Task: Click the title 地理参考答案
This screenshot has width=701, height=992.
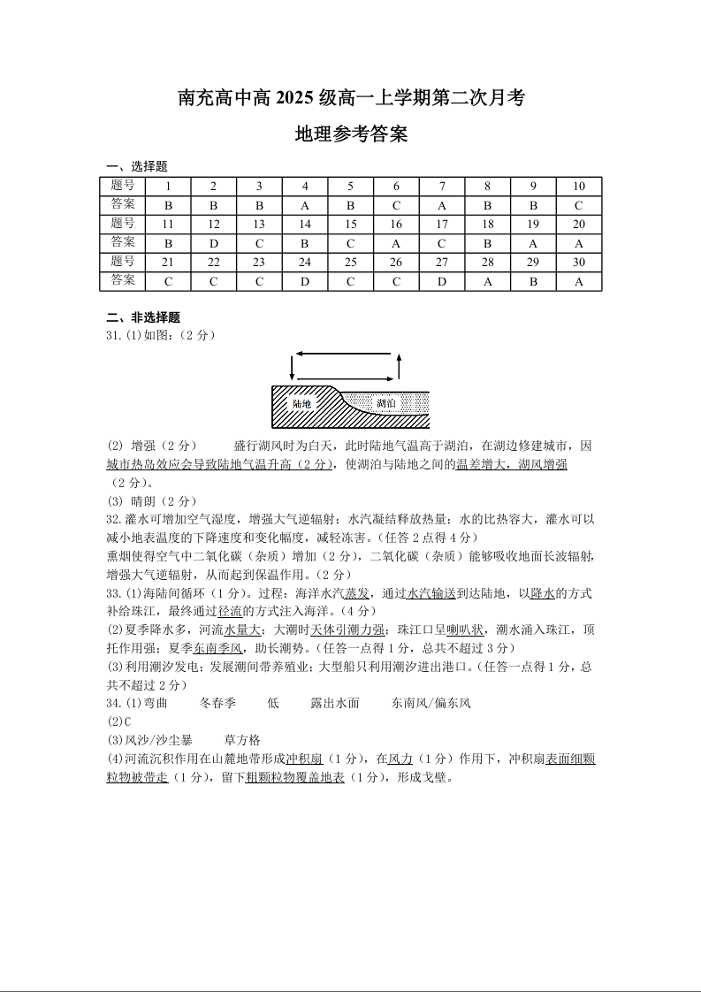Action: click(x=351, y=135)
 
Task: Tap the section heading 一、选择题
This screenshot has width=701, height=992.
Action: click(x=137, y=166)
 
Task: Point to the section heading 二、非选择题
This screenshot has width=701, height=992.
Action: click(x=143, y=318)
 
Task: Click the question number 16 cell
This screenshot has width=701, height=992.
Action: click(x=396, y=225)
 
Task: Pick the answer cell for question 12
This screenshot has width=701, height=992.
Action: click(x=213, y=243)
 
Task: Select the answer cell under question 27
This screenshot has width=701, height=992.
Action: click(x=442, y=281)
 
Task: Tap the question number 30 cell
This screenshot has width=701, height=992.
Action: click(x=579, y=263)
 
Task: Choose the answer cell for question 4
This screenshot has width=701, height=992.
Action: click(x=305, y=205)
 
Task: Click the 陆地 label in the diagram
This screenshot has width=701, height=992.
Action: click(x=302, y=404)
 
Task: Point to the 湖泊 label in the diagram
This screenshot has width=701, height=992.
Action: click(x=386, y=404)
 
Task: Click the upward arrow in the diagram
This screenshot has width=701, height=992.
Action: click(x=400, y=366)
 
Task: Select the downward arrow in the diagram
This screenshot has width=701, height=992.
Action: click(x=288, y=366)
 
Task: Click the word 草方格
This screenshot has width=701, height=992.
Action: click(x=243, y=740)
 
